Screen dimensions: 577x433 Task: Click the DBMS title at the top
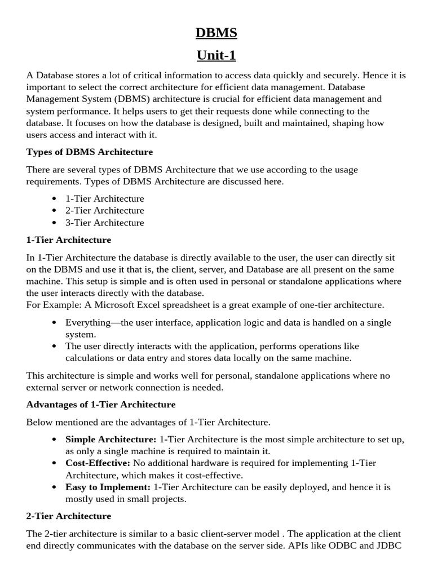216,33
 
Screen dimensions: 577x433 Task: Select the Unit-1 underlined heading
216,55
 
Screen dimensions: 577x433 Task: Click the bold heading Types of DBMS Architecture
90,152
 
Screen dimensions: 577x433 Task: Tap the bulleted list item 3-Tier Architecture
104,223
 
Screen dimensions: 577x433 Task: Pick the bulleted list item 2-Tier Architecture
104,211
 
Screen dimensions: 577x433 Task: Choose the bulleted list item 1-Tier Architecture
104,199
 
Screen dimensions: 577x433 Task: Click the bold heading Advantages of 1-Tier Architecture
101,405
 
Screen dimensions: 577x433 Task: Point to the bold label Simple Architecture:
111,439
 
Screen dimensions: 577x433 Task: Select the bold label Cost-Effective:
98,463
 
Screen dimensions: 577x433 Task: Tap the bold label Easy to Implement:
108,486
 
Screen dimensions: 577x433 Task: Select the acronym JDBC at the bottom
388,545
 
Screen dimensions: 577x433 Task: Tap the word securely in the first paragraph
334,75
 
